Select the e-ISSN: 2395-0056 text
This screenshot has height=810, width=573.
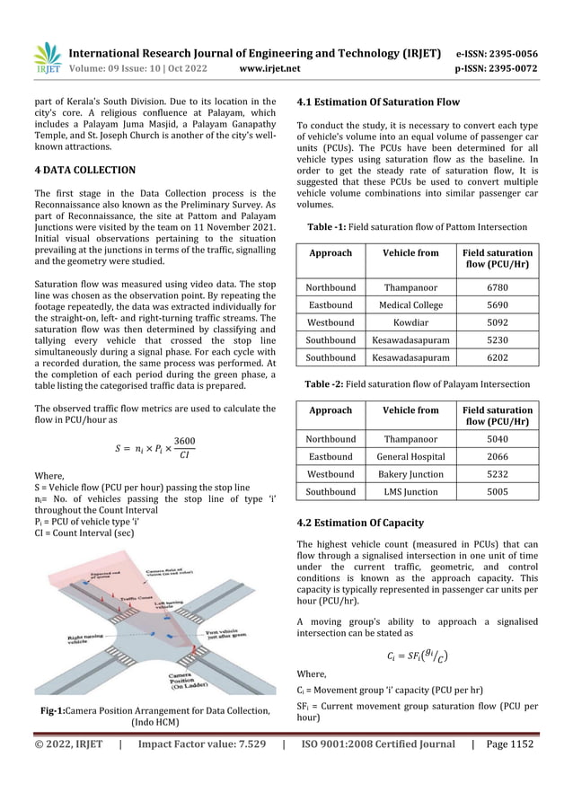click(x=497, y=53)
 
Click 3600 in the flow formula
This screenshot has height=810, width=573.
click(x=184, y=441)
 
